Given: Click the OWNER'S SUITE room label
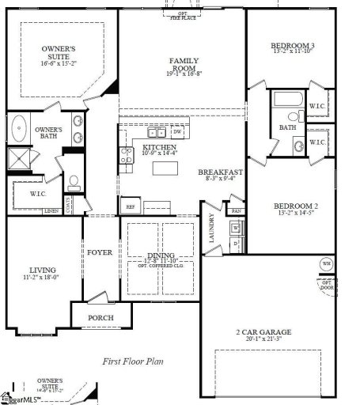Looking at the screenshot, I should [x=59, y=53].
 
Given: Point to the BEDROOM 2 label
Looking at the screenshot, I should [x=296, y=204].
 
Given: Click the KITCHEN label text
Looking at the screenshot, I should [x=159, y=148].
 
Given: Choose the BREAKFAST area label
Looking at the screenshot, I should [x=220, y=172].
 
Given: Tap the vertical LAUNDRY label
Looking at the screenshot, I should [x=212, y=227].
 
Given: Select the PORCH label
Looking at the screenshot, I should [x=100, y=318].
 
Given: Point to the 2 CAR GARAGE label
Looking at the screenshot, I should [x=263, y=331].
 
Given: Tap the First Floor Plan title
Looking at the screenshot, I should [x=133, y=361].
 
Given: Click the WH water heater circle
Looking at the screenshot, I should [x=326, y=263].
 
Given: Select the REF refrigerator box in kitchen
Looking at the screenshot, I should [x=131, y=206].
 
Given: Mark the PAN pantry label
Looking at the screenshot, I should [x=236, y=211].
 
